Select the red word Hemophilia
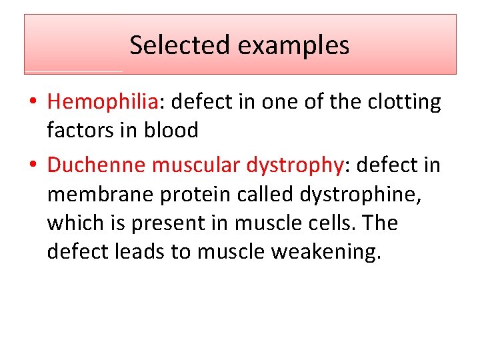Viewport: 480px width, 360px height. click(102, 102)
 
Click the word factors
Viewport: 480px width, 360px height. click(77, 130)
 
